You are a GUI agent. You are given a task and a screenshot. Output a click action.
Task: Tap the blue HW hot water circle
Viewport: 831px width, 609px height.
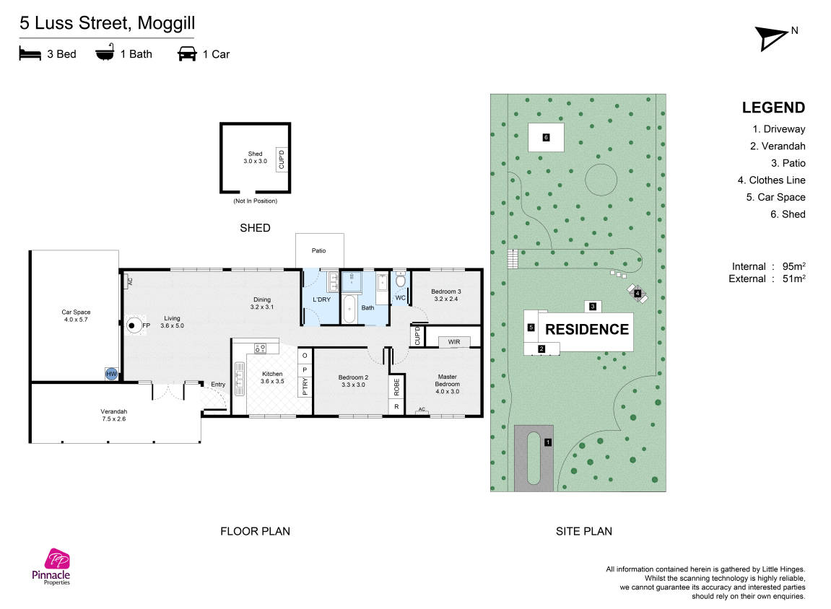point(110,374)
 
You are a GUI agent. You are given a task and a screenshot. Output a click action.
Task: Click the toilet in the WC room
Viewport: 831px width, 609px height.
point(401,280)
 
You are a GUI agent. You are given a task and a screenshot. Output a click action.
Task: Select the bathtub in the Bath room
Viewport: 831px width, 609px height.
point(349,310)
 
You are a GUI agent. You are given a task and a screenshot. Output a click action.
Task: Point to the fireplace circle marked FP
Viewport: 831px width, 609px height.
point(133,325)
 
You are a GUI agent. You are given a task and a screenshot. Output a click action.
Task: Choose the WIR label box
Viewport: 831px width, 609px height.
point(454,342)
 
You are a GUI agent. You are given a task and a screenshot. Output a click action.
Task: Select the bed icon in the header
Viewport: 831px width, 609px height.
point(30,53)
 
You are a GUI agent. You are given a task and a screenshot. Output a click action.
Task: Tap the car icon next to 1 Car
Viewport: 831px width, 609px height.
point(187,54)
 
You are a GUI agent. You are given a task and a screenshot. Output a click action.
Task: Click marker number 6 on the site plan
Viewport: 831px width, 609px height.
point(546,138)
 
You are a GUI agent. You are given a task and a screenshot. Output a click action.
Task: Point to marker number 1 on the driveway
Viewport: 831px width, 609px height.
point(548,442)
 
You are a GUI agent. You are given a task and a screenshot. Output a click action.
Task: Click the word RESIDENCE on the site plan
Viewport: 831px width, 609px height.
point(587,329)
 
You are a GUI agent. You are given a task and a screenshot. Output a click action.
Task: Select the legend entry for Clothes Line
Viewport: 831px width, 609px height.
point(771,180)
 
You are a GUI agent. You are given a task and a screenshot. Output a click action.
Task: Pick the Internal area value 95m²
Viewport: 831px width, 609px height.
point(794,266)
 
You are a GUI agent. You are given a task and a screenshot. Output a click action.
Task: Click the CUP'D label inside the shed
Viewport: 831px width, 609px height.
point(282,159)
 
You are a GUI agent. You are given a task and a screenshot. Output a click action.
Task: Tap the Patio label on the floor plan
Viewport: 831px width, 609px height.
point(318,250)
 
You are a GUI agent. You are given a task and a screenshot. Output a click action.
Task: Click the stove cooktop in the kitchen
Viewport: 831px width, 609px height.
point(260,348)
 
